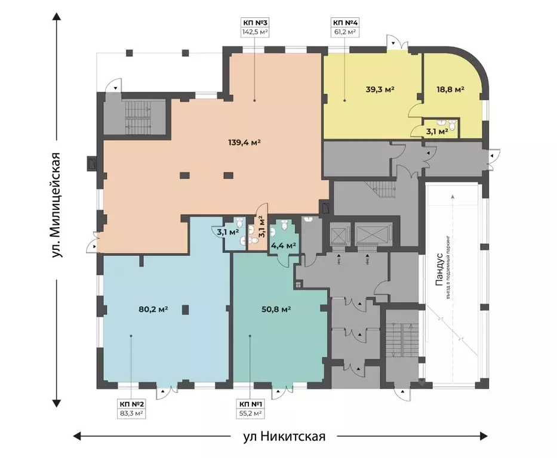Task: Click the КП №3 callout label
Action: tap(255, 23)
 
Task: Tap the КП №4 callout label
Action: tap(344, 23)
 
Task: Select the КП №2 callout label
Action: tap(131, 404)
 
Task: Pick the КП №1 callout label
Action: tap(251, 404)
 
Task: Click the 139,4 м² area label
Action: tap(244, 143)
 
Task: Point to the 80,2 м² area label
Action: tap(153, 309)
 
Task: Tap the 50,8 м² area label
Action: tap(276, 309)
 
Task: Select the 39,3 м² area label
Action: tap(380, 89)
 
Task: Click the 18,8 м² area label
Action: tap(450, 89)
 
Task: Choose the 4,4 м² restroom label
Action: tap(284, 245)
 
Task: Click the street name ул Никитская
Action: tap(284, 436)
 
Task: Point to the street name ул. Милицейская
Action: tap(56, 205)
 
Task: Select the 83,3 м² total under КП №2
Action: tap(131, 413)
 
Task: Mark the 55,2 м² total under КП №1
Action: tap(251, 413)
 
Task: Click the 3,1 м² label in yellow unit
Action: tap(437, 132)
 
